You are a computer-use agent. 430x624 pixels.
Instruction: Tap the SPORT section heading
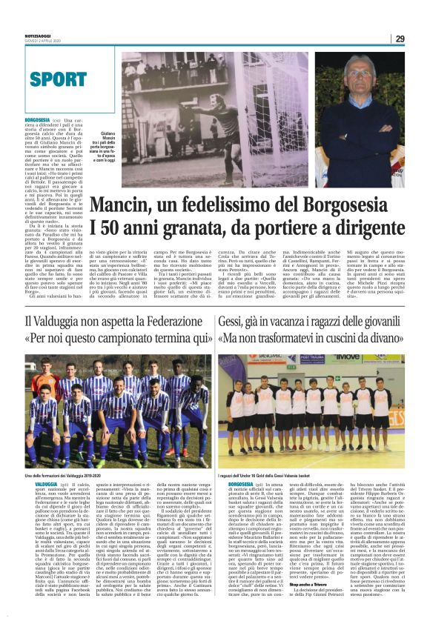pyautogui.click(x=59, y=79)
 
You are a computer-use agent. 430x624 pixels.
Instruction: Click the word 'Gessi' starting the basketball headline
pyautogui.click(x=233, y=321)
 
